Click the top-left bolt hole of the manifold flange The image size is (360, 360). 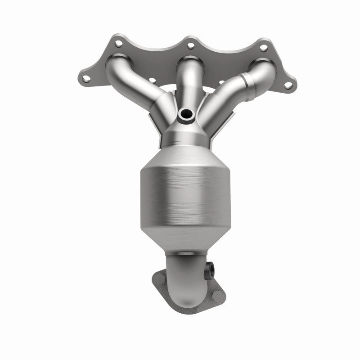119,44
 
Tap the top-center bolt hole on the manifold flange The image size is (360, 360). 190,45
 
